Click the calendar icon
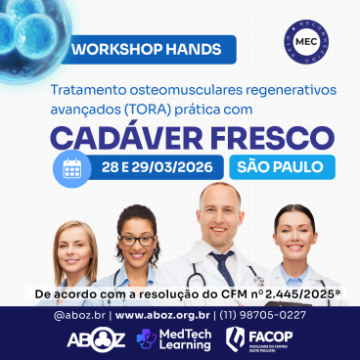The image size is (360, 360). [71, 166]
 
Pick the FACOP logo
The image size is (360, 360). [264, 338]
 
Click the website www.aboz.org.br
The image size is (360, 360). [161, 315]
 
